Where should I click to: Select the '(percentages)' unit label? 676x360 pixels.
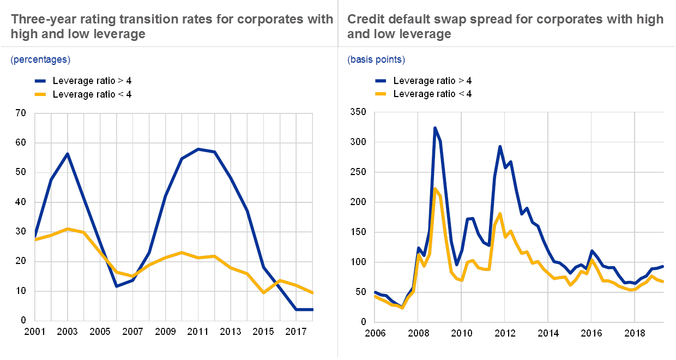(x=40, y=59)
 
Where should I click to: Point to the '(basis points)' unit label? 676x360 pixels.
(x=376, y=59)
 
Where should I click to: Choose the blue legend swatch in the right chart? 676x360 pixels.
(x=381, y=81)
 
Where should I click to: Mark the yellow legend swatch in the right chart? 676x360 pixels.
(x=381, y=94)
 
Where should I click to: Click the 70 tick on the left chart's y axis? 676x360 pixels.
(x=21, y=113)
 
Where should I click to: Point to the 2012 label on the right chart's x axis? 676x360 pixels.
(x=504, y=331)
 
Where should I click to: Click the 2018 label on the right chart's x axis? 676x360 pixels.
(x=635, y=331)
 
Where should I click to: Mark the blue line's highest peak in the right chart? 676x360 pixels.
(x=435, y=128)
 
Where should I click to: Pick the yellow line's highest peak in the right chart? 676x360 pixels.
(x=435, y=189)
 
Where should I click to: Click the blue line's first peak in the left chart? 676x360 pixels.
(x=67, y=153)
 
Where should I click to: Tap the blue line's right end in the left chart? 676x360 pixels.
(x=313, y=309)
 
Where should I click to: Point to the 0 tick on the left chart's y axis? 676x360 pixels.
(x=21, y=321)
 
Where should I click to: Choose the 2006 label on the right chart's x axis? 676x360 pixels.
(x=374, y=331)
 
